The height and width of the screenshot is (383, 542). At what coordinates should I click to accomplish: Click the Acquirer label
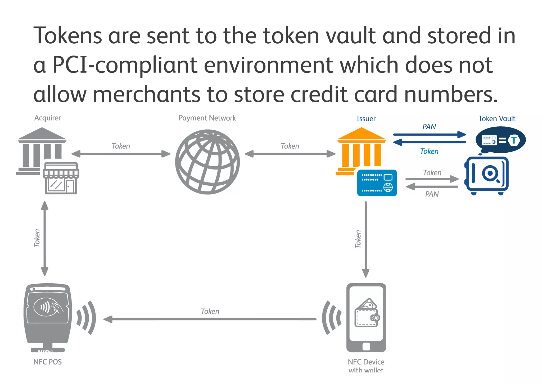47,118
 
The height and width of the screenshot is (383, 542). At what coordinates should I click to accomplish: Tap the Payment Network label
207,118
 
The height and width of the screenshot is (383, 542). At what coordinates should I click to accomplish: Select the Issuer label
366,119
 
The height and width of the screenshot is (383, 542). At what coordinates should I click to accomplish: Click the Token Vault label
496,119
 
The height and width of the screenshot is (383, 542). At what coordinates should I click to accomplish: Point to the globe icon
207,162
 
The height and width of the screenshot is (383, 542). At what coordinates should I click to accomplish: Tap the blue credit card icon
377,183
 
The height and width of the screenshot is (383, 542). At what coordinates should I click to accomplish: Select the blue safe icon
487,175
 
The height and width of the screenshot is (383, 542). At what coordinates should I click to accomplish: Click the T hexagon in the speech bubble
514,140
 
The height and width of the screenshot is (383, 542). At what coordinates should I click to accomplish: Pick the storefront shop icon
61,179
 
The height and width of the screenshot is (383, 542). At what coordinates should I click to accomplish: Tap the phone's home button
366,346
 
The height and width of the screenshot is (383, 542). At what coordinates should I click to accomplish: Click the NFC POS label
47,362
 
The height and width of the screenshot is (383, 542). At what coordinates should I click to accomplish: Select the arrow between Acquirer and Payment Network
121,154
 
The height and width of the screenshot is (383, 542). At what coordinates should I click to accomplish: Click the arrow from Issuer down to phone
366,238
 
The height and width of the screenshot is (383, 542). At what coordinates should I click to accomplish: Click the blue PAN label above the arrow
429,127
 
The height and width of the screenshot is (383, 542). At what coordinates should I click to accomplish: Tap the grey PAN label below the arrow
432,194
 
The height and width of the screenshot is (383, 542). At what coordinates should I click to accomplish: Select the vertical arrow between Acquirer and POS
45,238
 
